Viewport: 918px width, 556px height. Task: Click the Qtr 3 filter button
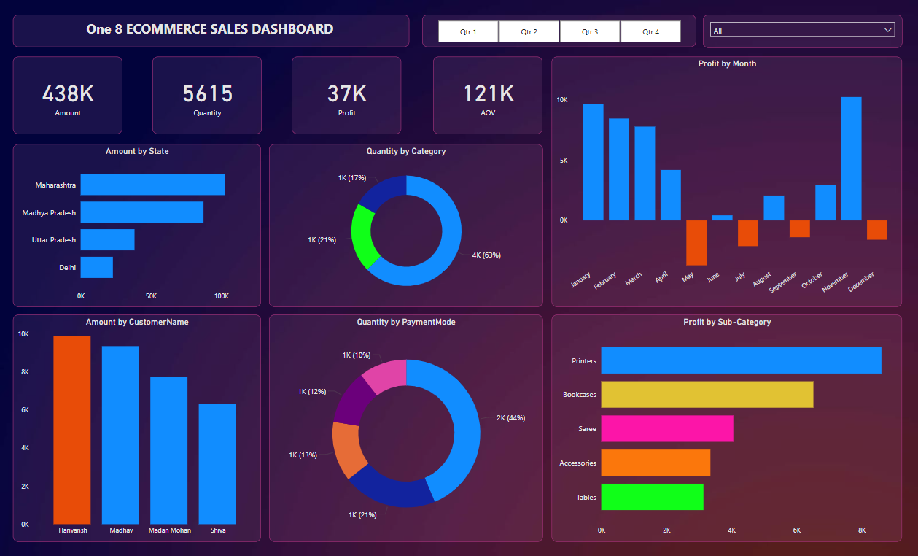point(590,31)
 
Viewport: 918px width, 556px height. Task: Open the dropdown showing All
point(802,31)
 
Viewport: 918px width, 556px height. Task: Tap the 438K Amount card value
point(68,94)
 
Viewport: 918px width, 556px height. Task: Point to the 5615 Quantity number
point(208,94)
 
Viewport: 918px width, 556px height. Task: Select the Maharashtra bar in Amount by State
point(152,185)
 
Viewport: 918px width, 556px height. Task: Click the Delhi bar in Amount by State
point(97,267)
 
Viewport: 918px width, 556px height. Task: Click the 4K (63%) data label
point(486,255)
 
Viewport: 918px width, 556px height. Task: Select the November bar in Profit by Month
point(851,158)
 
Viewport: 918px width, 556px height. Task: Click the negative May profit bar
point(696,242)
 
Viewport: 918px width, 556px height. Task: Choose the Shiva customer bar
point(217,463)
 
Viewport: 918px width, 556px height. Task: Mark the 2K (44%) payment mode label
point(510,418)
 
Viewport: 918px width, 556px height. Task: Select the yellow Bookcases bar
point(707,394)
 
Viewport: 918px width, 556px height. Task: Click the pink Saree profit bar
point(666,428)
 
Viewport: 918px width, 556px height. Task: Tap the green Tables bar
point(652,497)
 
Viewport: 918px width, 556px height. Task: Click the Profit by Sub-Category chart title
point(727,322)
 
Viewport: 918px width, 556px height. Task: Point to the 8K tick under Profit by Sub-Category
point(862,530)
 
